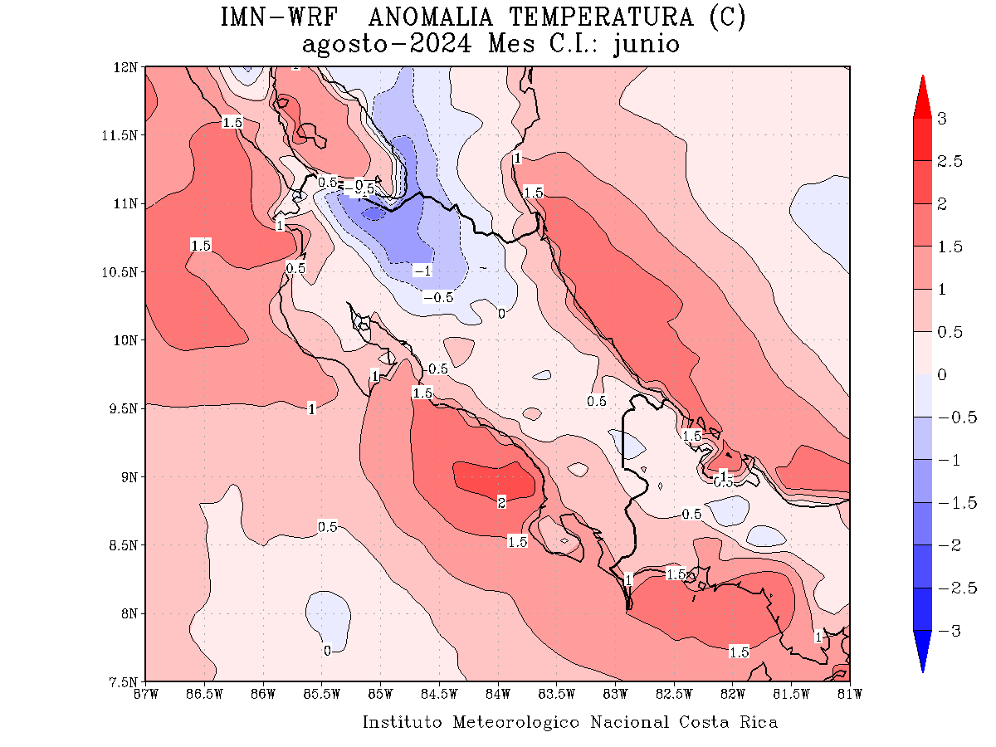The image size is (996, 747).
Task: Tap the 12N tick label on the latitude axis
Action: [x=127, y=67]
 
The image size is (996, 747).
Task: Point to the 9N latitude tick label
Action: [x=129, y=477]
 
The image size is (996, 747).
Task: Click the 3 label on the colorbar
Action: [x=941, y=119]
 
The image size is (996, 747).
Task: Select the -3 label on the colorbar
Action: [x=945, y=631]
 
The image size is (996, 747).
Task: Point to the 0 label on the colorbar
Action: [x=941, y=375]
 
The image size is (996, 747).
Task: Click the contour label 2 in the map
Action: [x=501, y=503]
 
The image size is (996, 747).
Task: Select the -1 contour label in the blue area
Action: [x=422, y=271]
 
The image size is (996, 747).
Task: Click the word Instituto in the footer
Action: [x=403, y=722]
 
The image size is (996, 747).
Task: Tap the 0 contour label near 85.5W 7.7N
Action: [x=327, y=651]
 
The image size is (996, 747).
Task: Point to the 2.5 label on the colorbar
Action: [x=945, y=161]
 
